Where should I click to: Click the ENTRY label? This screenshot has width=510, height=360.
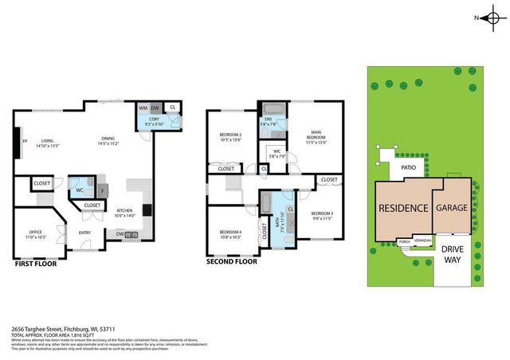(84, 233)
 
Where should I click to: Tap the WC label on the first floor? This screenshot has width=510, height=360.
(80, 190)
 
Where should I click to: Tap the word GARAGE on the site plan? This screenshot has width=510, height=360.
(451, 206)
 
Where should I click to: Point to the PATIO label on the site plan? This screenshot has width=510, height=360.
(409, 169)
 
